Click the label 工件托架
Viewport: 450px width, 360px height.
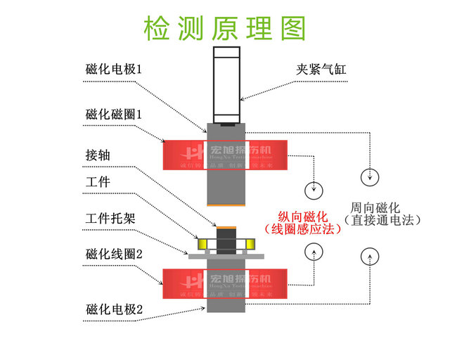coord(110,218)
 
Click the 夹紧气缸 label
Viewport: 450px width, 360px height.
coord(321,70)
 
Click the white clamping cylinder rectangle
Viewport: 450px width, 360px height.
coord(226,84)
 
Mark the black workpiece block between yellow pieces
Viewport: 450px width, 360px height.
coord(226,242)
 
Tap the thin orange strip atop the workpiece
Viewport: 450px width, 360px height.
coord(226,227)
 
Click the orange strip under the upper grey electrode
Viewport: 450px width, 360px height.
coord(226,205)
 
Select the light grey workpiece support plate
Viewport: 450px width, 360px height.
coord(226,257)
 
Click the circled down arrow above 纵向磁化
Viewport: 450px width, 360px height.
coord(313,189)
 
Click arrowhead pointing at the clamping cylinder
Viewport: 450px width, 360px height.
coord(242,99)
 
